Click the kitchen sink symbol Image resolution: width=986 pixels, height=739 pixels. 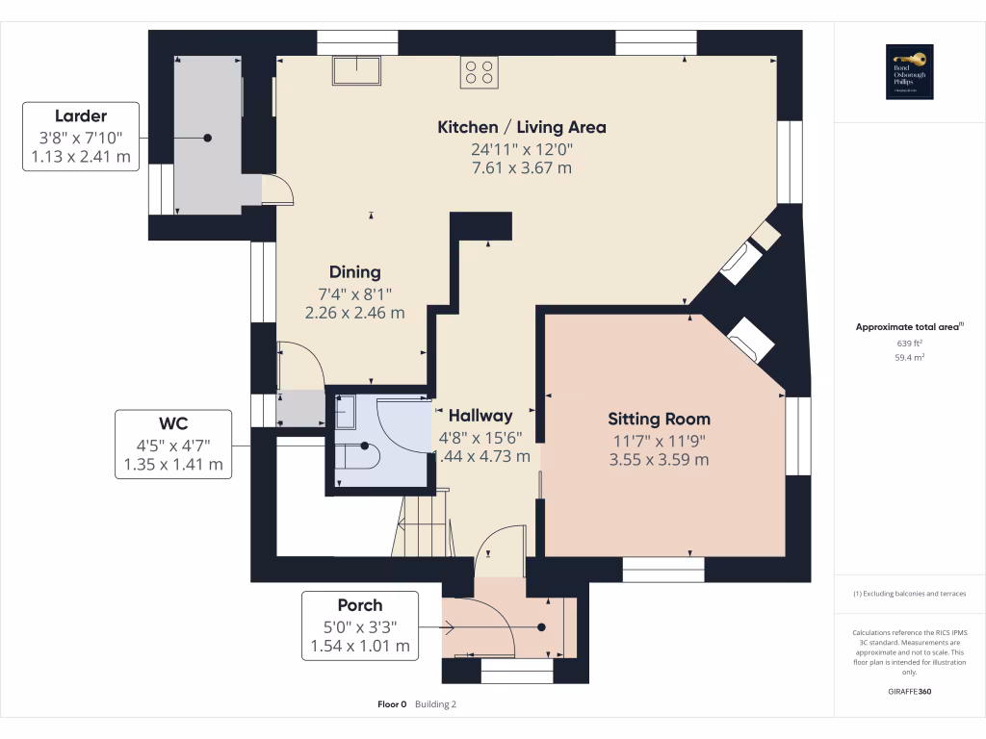click(x=357, y=71)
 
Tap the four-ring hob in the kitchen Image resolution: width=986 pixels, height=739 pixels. click(x=480, y=72)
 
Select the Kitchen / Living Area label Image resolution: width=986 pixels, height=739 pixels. click(x=522, y=127)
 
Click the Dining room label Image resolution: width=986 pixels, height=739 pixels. click(x=354, y=272)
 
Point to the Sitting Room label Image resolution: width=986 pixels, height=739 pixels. click(x=659, y=419)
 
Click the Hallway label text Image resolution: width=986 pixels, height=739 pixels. click(x=480, y=416)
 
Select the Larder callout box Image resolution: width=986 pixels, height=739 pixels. click(x=81, y=138)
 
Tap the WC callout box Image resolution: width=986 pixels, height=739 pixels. click(x=173, y=445)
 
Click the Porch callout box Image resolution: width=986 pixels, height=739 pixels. click(x=360, y=625)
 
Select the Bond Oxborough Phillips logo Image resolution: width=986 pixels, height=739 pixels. click(x=910, y=72)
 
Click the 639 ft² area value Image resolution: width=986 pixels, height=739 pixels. click(x=910, y=343)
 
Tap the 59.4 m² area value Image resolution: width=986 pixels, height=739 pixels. click(x=910, y=356)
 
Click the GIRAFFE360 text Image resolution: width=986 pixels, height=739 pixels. click(x=910, y=692)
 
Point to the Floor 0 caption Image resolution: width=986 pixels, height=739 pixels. click(x=392, y=704)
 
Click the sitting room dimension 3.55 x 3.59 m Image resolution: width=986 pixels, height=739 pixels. click(x=659, y=459)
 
